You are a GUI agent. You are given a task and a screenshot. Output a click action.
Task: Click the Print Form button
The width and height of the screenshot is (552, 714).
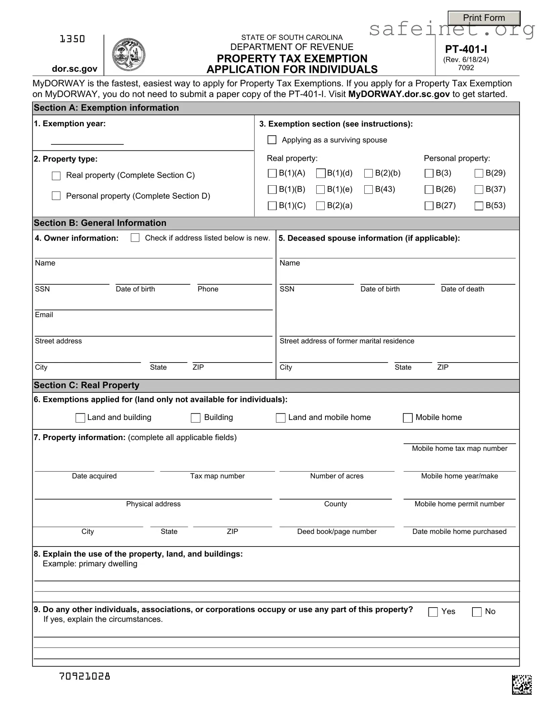click(484, 18)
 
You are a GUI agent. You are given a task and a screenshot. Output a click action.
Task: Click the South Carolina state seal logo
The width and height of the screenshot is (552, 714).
click(128, 55)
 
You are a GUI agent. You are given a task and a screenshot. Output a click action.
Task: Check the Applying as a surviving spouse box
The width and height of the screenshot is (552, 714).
click(272, 140)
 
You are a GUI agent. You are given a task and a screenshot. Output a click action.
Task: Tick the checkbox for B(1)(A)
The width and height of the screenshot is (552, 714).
click(272, 173)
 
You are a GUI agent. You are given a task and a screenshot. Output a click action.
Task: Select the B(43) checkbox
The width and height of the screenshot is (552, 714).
click(368, 190)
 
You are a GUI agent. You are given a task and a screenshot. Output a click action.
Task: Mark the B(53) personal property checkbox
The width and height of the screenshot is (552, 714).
click(479, 206)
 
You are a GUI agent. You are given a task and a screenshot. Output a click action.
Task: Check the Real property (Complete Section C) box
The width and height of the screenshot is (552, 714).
click(56, 176)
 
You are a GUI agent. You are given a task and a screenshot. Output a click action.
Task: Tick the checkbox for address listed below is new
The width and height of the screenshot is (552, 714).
click(135, 238)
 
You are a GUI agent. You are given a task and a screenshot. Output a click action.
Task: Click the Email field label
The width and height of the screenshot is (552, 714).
click(44, 315)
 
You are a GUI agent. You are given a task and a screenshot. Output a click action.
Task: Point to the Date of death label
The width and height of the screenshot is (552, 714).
click(462, 289)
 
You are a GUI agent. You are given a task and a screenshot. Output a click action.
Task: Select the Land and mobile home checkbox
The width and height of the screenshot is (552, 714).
click(280, 418)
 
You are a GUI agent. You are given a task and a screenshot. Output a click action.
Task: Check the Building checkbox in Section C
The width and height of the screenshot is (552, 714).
click(195, 418)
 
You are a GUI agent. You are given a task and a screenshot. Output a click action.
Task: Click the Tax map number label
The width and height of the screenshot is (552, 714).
click(217, 476)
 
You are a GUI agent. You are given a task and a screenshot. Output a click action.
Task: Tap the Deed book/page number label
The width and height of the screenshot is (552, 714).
click(337, 531)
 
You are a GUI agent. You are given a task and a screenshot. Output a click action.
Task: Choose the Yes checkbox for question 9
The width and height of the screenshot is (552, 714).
click(433, 612)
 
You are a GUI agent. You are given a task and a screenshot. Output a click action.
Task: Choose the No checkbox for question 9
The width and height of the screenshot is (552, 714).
click(477, 612)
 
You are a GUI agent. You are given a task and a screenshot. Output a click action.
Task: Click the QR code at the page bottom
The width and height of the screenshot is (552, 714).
click(522, 685)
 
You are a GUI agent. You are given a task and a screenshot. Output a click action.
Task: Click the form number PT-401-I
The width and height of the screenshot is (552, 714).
click(466, 49)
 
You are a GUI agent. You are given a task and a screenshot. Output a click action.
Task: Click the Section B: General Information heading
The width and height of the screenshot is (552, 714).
click(100, 223)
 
